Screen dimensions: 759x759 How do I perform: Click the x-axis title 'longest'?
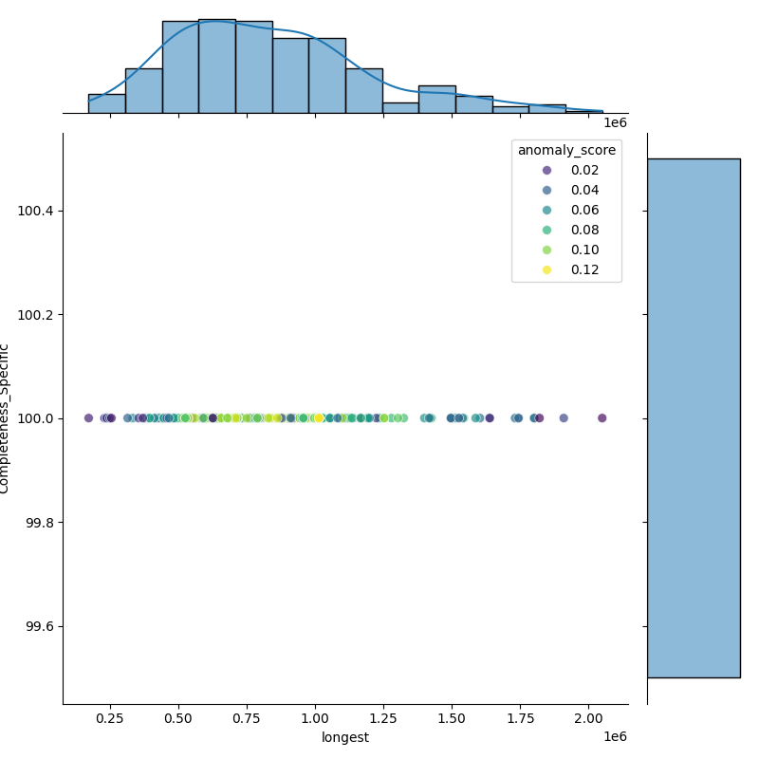click(345, 737)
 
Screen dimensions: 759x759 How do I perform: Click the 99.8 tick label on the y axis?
click(39, 523)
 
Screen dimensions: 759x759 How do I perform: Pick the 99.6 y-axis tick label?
click(39, 627)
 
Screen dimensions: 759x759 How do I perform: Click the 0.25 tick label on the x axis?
click(110, 720)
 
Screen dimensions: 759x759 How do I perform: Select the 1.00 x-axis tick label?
click(315, 720)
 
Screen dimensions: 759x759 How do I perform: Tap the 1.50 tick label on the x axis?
click(453, 720)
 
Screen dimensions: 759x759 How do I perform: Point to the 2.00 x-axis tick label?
click(589, 720)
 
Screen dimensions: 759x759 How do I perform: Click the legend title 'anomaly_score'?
click(566, 150)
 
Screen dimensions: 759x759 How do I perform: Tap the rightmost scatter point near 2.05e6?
click(602, 417)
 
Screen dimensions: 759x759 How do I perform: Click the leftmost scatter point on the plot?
click(88, 417)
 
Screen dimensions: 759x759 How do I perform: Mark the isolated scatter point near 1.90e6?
click(564, 417)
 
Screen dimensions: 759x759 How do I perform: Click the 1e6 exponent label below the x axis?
click(615, 737)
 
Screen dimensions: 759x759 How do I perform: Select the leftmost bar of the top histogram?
click(106, 103)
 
